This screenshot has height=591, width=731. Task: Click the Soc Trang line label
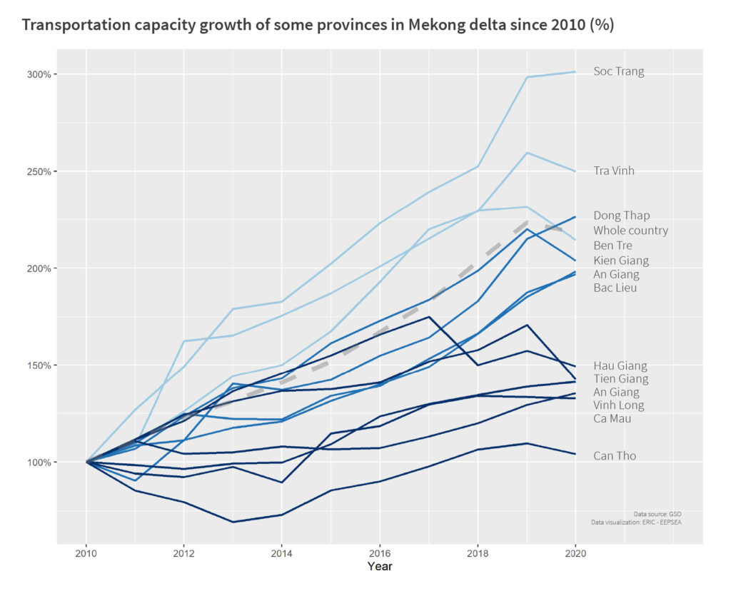pyautogui.click(x=618, y=71)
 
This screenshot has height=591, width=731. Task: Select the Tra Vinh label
pyautogui.click(x=613, y=171)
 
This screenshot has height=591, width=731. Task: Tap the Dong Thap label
pyautogui.click(x=621, y=216)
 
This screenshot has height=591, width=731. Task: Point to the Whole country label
pyautogui.click(x=630, y=231)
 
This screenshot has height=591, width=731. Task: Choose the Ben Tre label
pyautogui.click(x=612, y=246)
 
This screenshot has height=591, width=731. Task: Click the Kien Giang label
pyautogui.click(x=621, y=261)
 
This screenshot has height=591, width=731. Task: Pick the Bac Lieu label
pyautogui.click(x=615, y=288)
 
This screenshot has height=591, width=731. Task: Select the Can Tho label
pyautogui.click(x=614, y=456)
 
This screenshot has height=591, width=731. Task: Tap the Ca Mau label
pyautogui.click(x=612, y=418)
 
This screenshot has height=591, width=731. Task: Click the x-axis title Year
pyautogui.click(x=380, y=567)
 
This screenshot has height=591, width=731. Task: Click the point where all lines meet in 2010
pyautogui.click(x=86, y=462)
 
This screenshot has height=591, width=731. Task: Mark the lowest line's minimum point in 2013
pyautogui.click(x=233, y=522)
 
